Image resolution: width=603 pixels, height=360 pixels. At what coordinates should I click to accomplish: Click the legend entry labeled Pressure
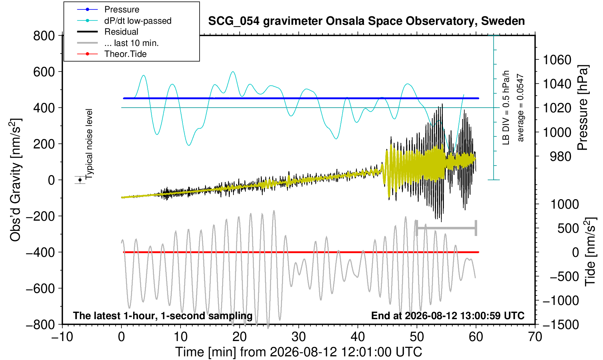tap(122, 10)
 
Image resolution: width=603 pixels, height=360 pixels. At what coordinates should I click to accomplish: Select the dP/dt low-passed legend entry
tap(138, 21)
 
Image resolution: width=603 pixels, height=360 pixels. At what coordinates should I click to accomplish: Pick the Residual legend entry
tap(121, 32)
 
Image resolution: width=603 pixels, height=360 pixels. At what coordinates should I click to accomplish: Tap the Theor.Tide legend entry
tap(125, 54)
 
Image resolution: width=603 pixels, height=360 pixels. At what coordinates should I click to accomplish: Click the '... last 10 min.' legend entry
tap(131, 43)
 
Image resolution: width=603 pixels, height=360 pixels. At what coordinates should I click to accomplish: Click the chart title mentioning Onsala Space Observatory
tap(366, 21)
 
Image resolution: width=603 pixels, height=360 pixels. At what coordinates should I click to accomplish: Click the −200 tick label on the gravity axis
tap(40, 216)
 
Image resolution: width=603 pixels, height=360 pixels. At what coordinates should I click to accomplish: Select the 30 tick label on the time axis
tap(298, 337)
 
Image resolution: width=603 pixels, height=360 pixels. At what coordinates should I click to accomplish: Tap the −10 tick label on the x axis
tap(62, 337)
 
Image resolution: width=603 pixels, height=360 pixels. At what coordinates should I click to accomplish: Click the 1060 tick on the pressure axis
tap(557, 60)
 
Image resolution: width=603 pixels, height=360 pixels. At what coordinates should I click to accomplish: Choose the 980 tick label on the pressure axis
tap(560, 156)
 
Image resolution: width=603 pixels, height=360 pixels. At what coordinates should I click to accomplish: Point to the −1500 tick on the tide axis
tap(561, 325)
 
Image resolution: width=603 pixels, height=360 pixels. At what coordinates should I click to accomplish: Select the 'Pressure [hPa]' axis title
tap(583, 108)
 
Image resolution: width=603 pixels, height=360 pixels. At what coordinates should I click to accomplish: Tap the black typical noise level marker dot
tap(80, 180)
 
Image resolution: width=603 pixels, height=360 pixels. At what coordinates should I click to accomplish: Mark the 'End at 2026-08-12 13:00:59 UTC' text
tap(448, 316)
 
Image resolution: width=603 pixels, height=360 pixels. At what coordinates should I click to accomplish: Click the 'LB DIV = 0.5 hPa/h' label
tap(506, 108)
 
